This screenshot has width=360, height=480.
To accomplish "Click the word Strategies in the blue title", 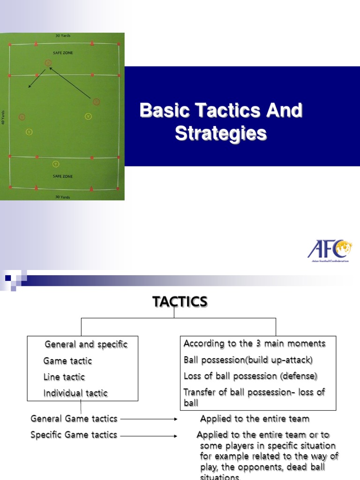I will pos(221,133).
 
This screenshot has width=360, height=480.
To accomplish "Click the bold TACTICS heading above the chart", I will pos(180,302).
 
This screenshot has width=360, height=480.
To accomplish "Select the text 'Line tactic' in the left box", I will pos(64,377).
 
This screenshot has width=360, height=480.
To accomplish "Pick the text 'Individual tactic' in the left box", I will pos(75,393).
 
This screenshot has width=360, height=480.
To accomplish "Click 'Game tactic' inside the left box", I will pos(67,361).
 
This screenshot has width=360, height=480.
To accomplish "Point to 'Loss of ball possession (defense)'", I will pos(250,376).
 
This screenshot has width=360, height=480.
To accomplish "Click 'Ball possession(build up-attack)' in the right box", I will pos(248,360).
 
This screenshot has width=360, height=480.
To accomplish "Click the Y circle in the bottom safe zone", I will pos(56,164).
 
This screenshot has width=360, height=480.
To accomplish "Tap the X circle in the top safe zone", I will pos(48,62).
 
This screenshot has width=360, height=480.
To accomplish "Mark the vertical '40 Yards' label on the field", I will pos(3,117).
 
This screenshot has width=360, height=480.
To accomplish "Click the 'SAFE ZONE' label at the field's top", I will pos(62,53).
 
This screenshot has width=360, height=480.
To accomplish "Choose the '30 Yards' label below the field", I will pos(62,197).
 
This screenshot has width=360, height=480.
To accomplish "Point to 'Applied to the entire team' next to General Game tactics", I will pos(255,419).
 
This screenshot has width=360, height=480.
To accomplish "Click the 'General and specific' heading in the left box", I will pos(86,345).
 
